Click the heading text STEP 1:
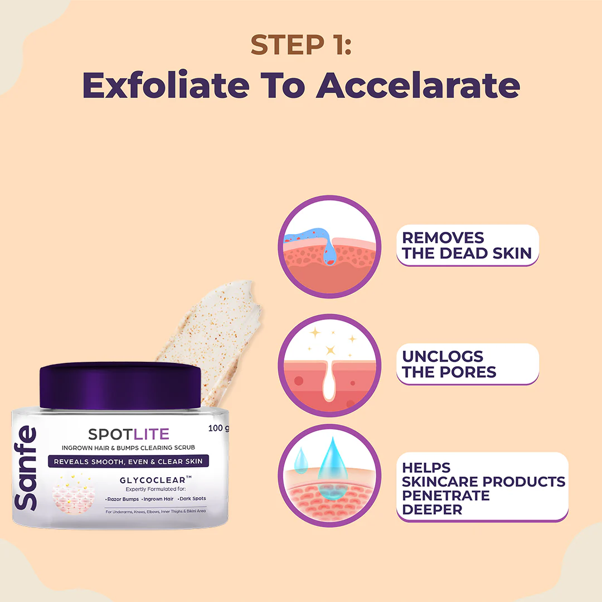[x=301, y=45]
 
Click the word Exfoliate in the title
[x=166, y=85]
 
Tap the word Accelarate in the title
[x=418, y=85]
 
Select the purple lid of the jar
[x=120, y=386]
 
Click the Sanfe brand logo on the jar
[x=25, y=468]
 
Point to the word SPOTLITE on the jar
[x=129, y=434]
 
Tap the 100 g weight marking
[x=219, y=428]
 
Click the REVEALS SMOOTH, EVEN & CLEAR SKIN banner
[x=128, y=462]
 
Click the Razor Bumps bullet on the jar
[x=122, y=499]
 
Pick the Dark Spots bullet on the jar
[x=192, y=499]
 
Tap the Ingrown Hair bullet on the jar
[x=157, y=499]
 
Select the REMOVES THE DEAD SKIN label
[x=467, y=245]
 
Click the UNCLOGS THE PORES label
[x=467, y=364]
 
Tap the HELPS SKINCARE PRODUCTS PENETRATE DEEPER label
[x=482, y=487]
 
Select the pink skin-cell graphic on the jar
[x=73, y=494]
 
